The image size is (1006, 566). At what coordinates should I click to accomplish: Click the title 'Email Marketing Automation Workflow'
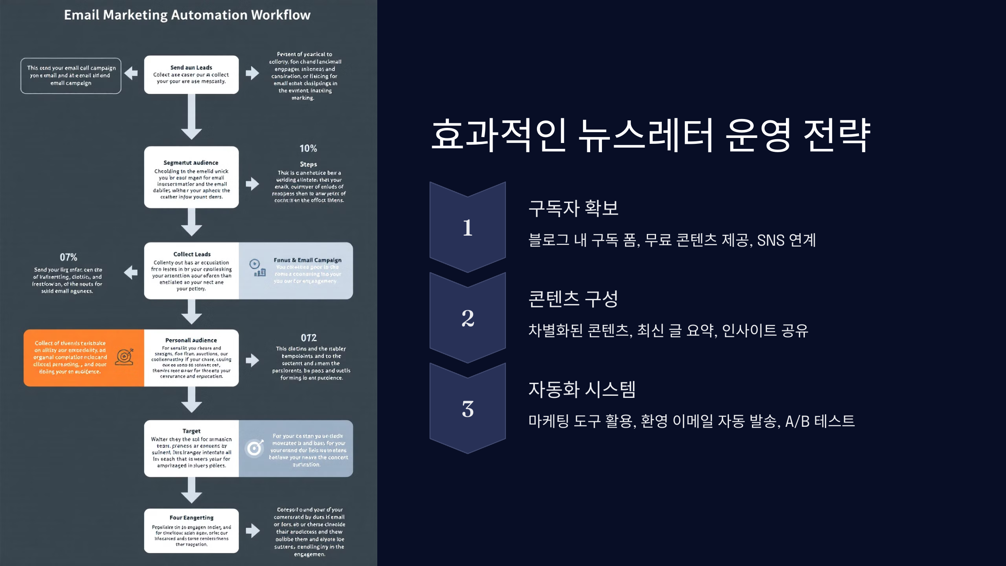click(187, 15)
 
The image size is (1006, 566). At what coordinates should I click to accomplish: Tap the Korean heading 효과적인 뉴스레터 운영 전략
click(651, 135)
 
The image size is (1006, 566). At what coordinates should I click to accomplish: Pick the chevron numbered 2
click(467, 318)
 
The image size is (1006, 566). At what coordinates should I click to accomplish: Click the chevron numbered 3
click(467, 409)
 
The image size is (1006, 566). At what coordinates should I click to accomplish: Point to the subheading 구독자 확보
click(573, 208)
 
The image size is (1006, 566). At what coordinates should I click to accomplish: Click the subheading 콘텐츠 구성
click(573, 299)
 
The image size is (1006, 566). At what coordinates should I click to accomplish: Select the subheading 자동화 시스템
click(582, 389)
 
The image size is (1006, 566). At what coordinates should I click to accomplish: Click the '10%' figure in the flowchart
click(308, 148)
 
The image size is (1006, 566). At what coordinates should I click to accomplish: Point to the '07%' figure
click(68, 257)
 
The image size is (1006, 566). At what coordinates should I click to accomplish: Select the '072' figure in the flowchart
click(309, 338)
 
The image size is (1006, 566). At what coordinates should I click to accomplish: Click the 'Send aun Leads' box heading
click(191, 68)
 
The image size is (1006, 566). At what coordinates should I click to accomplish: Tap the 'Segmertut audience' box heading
click(191, 163)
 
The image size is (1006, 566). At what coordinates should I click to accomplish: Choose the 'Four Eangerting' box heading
click(191, 518)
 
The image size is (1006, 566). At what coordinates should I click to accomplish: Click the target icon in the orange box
click(124, 357)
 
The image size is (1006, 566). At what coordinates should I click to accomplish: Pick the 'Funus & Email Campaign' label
click(307, 260)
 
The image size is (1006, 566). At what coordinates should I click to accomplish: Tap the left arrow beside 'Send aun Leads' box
click(131, 73)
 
